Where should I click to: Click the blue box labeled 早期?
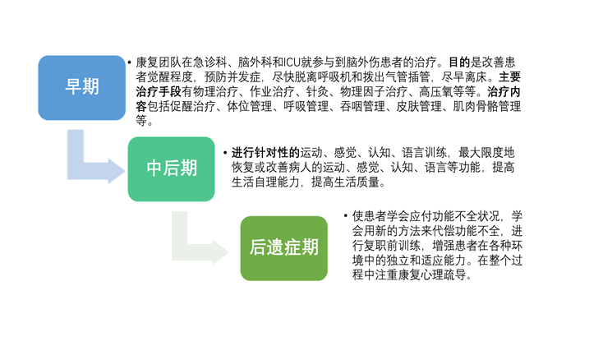pyautogui.click(x=82, y=88)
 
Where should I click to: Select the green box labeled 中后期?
pyautogui.click(x=172, y=168)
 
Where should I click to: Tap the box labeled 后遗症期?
pyautogui.click(x=283, y=248)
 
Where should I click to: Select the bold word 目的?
pyautogui.click(x=459, y=62)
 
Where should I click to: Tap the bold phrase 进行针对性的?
pyautogui.click(x=265, y=153)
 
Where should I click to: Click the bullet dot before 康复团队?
pyautogui.click(x=130, y=62)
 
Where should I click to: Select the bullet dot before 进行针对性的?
pyautogui.click(x=225, y=153)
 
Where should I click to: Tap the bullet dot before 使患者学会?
pyautogui.click(x=346, y=216)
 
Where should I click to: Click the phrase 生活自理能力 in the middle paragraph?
pyautogui.click(x=265, y=182)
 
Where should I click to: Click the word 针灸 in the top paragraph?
pyautogui.click(x=317, y=92)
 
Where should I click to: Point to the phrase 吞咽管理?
pyautogui.click(x=362, y=107)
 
